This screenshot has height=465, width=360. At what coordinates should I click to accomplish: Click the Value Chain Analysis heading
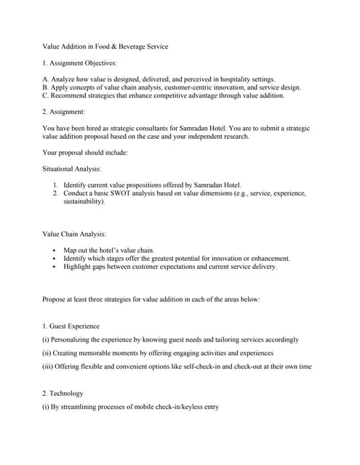(x=74, y=234)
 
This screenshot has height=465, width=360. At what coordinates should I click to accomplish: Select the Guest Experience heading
(x=73, y=326)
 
